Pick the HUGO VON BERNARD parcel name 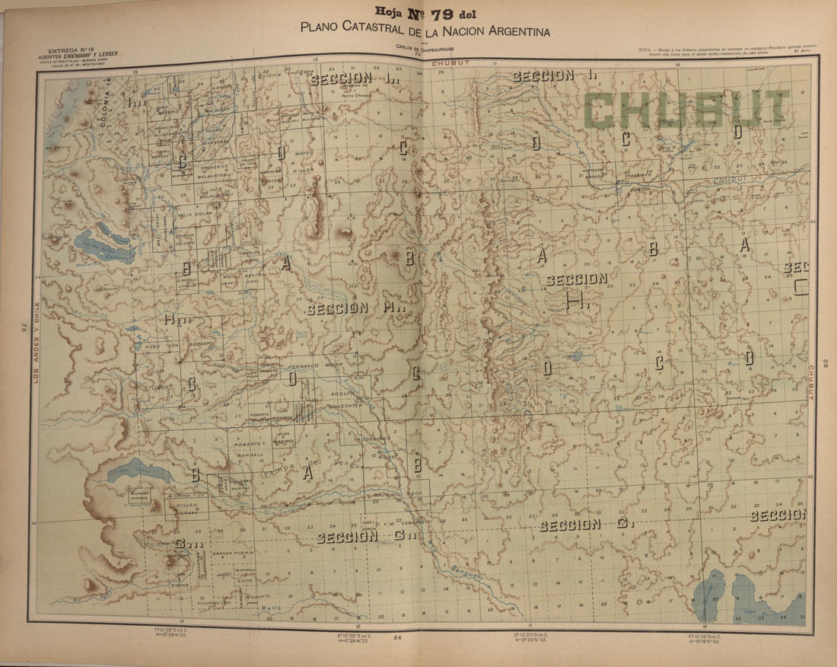180,344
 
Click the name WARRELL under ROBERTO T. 249,455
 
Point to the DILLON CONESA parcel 187,507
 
